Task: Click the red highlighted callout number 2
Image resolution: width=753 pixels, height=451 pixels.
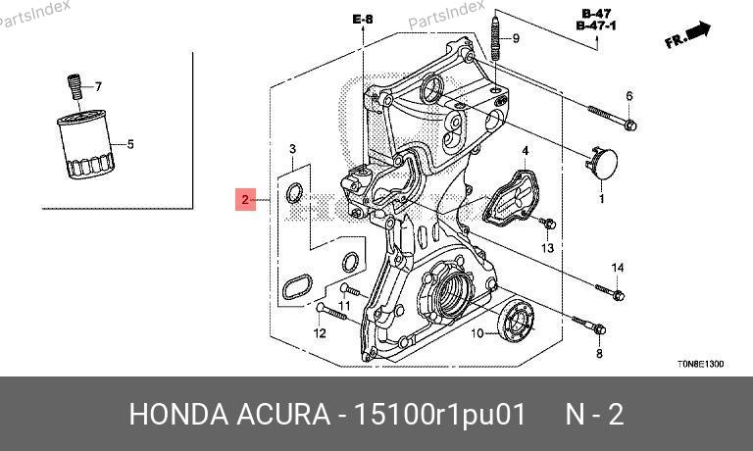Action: click(245, 199)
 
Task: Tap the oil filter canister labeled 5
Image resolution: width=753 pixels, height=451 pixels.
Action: click(86, 144)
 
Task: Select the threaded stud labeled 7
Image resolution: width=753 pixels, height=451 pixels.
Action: click(74, 87)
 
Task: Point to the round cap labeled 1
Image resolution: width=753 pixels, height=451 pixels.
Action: click(602, 164)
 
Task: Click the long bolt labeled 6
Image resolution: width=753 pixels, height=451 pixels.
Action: click(612, 119)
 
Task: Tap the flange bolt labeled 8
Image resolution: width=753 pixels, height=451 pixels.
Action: click(588, 326)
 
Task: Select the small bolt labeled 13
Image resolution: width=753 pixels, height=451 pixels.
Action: click(548, 224)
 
